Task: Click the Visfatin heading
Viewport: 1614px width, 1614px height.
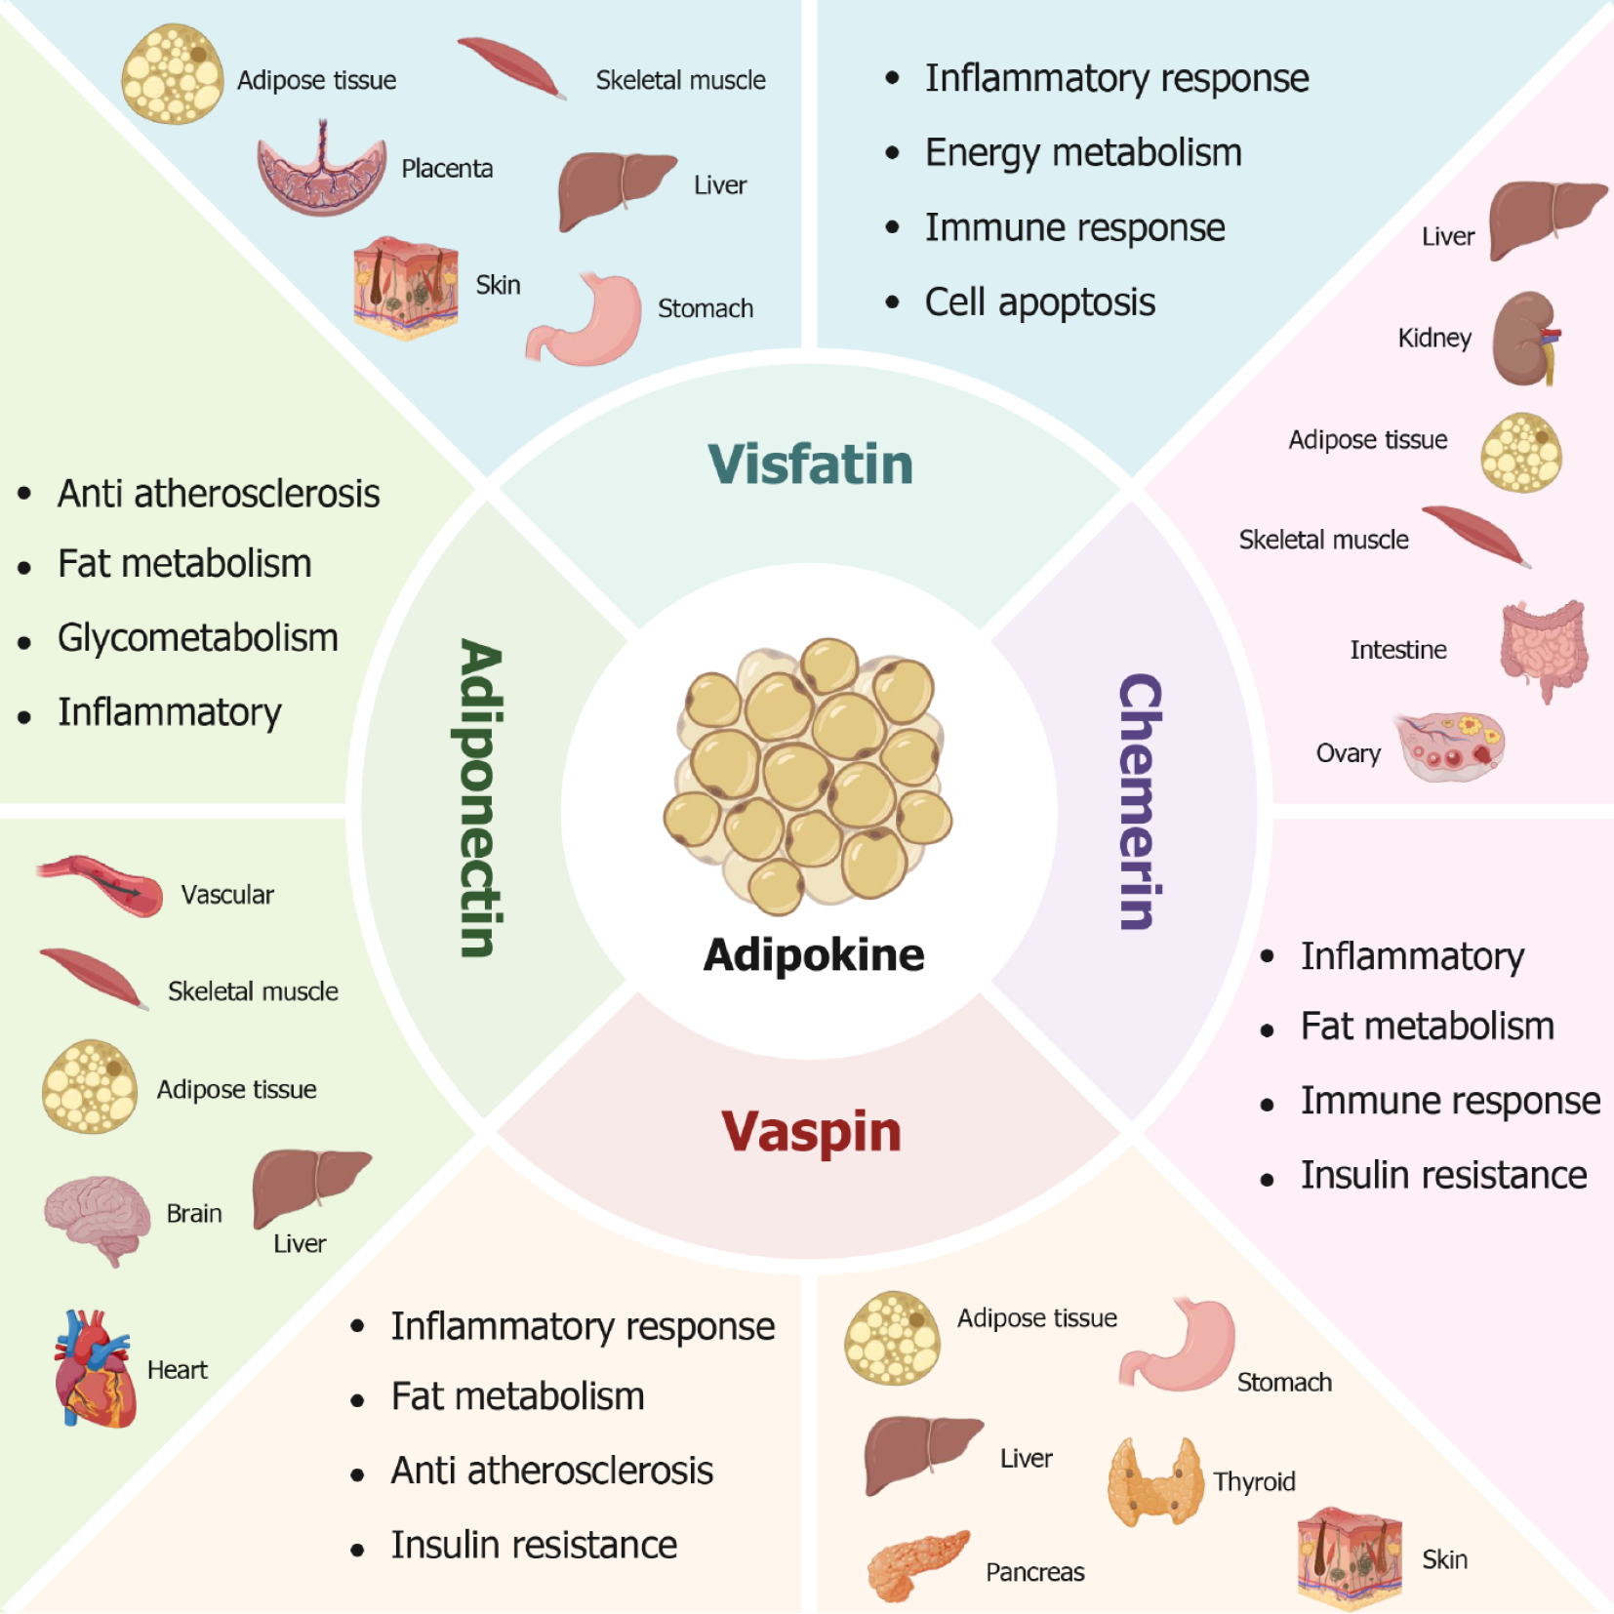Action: pyautogui.click(x=810, y=464)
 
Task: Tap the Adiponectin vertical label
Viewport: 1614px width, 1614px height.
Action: pyautogui.click(x=481, y=798)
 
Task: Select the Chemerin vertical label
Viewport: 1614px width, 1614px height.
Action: pyautogui.click(x=1140, y=801)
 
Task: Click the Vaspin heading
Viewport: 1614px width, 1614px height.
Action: pyautogui.click(x=811, y=1132)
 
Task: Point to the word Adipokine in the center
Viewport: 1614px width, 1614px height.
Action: pyautogui.click(x=814, y=954)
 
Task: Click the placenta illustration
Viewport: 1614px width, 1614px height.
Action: pyautogui.click(x=321, y=172)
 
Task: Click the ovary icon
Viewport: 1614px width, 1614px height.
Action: pyautogui.click(x=1451, y=746)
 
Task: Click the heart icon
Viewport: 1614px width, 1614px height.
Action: pyautogui.click(x=94, y=1368)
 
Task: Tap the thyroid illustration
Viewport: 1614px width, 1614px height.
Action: pyautogui.click(x=1154, y=1481)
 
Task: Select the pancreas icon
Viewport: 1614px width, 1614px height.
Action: pyautogui.click(x=915, y=1564)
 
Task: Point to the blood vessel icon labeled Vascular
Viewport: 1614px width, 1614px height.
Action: pyautogui.click(x=101, y=885)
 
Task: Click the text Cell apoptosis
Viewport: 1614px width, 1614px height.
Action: pyautogui.click(x=1039, y=303)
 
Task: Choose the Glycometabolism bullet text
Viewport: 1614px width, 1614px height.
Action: pyautogui.click(x=197, y=638)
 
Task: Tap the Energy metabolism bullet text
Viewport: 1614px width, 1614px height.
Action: pyautogui.click(x=1083, y=153)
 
